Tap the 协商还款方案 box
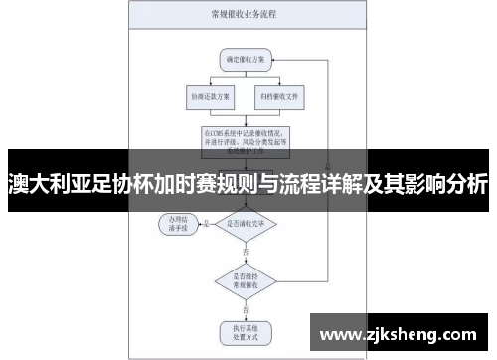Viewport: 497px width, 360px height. [x=207, y=98]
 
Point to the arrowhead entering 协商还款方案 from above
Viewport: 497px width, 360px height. [x=207, y=88]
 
